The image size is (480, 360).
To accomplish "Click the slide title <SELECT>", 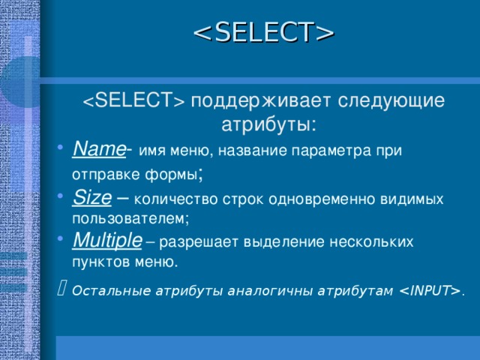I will [x=263, y=32].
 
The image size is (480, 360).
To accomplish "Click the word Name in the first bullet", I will [x=99, y=149].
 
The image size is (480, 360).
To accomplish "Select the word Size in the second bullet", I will [x=91, y=197].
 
